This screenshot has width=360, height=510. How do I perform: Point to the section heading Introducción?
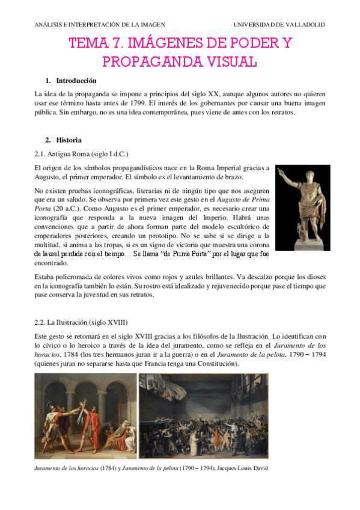click(x=76, y=81)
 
